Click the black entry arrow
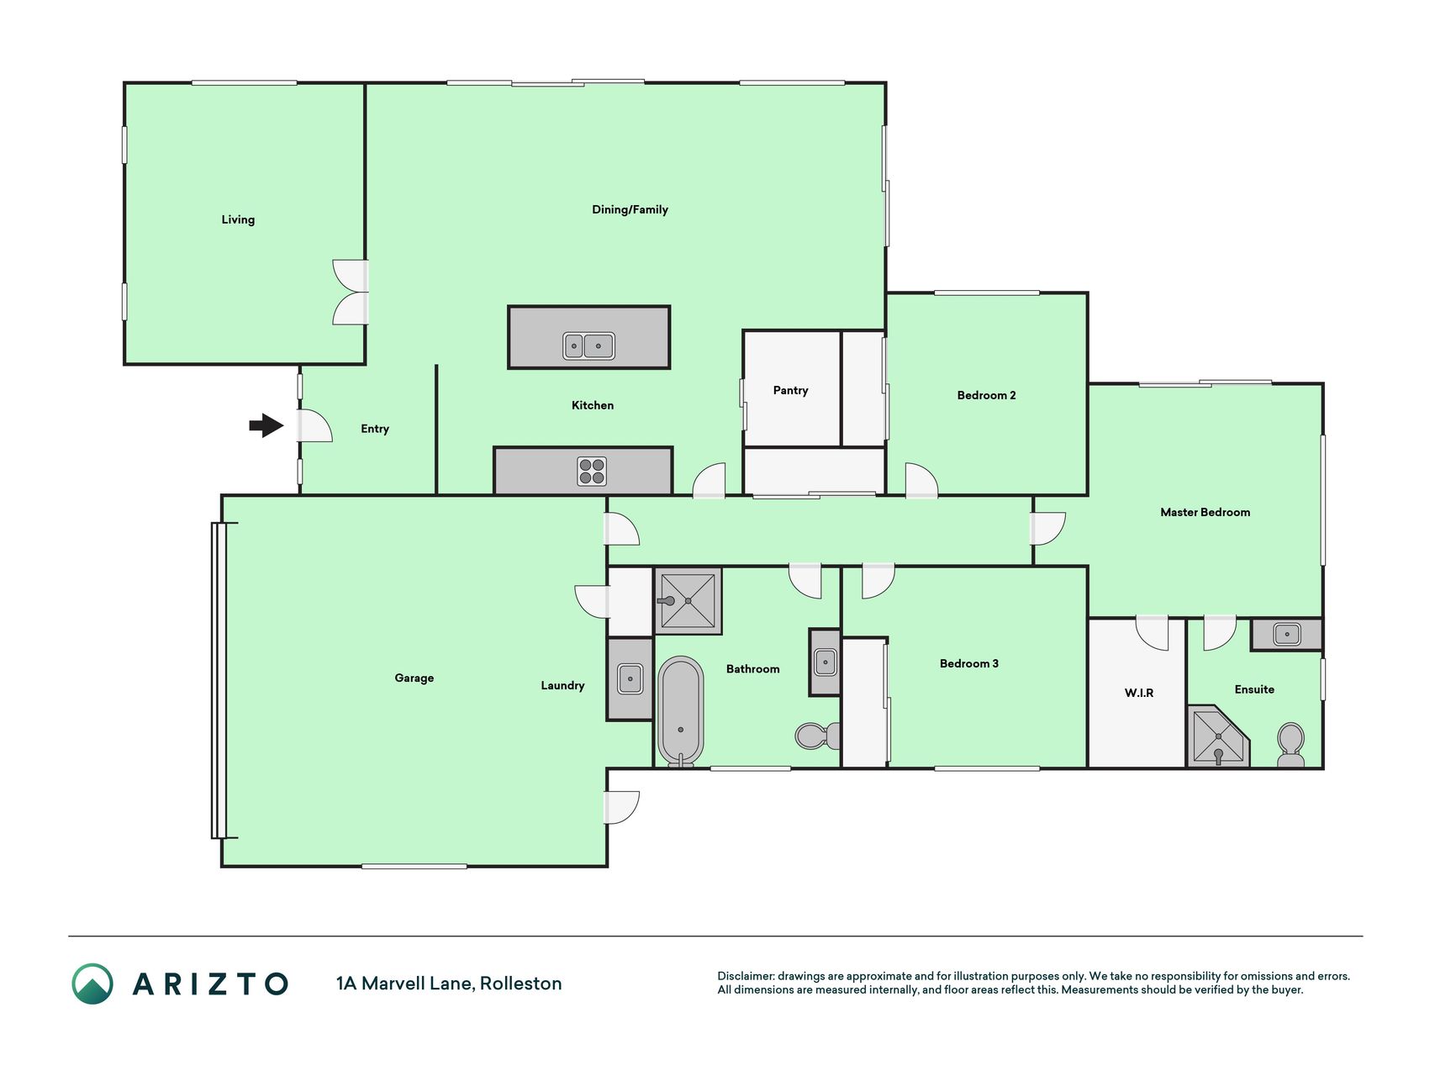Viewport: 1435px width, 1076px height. point(266,425)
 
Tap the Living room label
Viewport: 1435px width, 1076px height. point(238,219)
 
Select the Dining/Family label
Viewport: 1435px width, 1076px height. point(630,209)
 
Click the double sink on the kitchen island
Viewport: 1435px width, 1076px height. point(588,345)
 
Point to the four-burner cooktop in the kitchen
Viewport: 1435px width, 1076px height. point(592,471)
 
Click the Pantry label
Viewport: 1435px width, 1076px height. point(790,390)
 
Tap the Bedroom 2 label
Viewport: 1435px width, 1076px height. point(986,395)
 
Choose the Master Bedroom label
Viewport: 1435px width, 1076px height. point(1205,512)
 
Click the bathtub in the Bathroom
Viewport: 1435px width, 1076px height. point(680,711)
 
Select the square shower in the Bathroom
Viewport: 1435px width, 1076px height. point(688,601)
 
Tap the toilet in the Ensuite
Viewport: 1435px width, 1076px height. point(1290,745)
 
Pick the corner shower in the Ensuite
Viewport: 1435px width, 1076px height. point(1218,737)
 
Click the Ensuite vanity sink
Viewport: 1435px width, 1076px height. point(1286,634)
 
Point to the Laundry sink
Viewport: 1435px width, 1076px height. point(630,678)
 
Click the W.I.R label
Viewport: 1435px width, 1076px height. point(1139,693)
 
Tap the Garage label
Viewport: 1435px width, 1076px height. point(414,678)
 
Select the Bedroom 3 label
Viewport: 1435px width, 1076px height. point(968,663)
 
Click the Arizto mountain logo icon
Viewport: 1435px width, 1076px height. point(92,984)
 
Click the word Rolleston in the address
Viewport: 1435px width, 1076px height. point(520,984)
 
